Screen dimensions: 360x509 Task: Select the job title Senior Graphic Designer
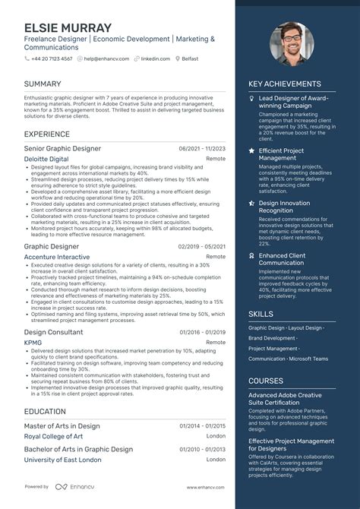tap(62, 148)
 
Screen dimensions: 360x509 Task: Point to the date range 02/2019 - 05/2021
tap(202, 247)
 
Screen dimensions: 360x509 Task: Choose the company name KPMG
tap(34, 343)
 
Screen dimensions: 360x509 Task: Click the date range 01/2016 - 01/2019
tap(202, 333)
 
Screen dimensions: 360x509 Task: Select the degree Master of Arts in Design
tap(62, 426)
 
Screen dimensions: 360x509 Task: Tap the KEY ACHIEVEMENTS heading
tap(285, 84)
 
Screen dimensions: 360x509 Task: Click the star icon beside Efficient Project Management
tap(251, 151)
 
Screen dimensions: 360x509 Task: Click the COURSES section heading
tap(266, 381)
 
